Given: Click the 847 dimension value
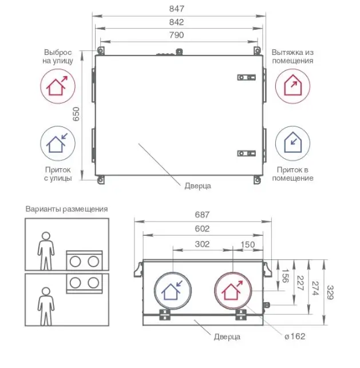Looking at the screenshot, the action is click(177, 9).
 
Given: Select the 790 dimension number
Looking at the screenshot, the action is click(176, 35).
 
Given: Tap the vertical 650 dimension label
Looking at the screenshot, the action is click(76, 114).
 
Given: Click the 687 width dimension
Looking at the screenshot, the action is click(202, 215).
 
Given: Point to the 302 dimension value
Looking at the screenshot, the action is click(202, 244).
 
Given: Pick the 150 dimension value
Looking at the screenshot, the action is click(248, 245).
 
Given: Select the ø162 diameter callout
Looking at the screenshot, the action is click(295, 337).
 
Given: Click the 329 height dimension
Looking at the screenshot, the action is click(330, 292).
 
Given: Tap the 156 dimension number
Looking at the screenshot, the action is click(285, 276).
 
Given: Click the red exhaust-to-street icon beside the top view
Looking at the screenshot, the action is click(58, 86).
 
